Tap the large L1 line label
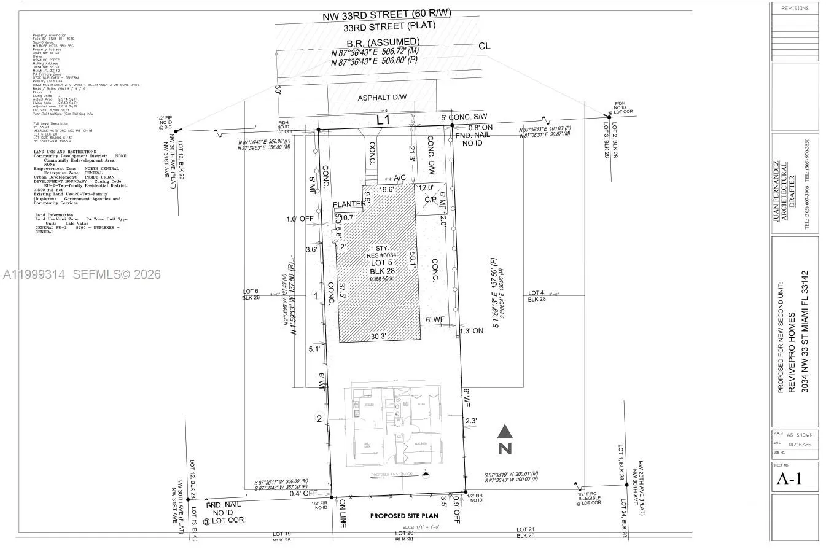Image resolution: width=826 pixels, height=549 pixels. pyautogui.click(x=383, y=120)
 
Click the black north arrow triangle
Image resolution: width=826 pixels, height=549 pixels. pyautogui.click(x=504, y=432)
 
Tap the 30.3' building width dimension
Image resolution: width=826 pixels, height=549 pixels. pyautogui.click(x=379, y=336)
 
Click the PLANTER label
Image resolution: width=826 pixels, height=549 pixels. pyautogui.click(x=348, y=204)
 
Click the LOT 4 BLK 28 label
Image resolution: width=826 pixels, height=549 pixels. pyautogui.click(x=536, y=296)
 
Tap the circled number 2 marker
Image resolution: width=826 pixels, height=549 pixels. pyautogui.click(x=319, y=419)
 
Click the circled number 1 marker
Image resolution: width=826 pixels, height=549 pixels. pyautogui.click(x=316, y=296)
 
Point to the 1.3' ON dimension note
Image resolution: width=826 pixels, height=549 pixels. pyautogui.click(x=472, y=330)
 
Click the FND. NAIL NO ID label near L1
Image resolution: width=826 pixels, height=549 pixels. pyautogui.click(x=473, y=138)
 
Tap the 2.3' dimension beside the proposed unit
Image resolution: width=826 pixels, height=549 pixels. pyautogui.click(x=471, y=421)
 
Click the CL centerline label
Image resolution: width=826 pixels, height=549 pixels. pyautogui.click(x=484, y=45)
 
